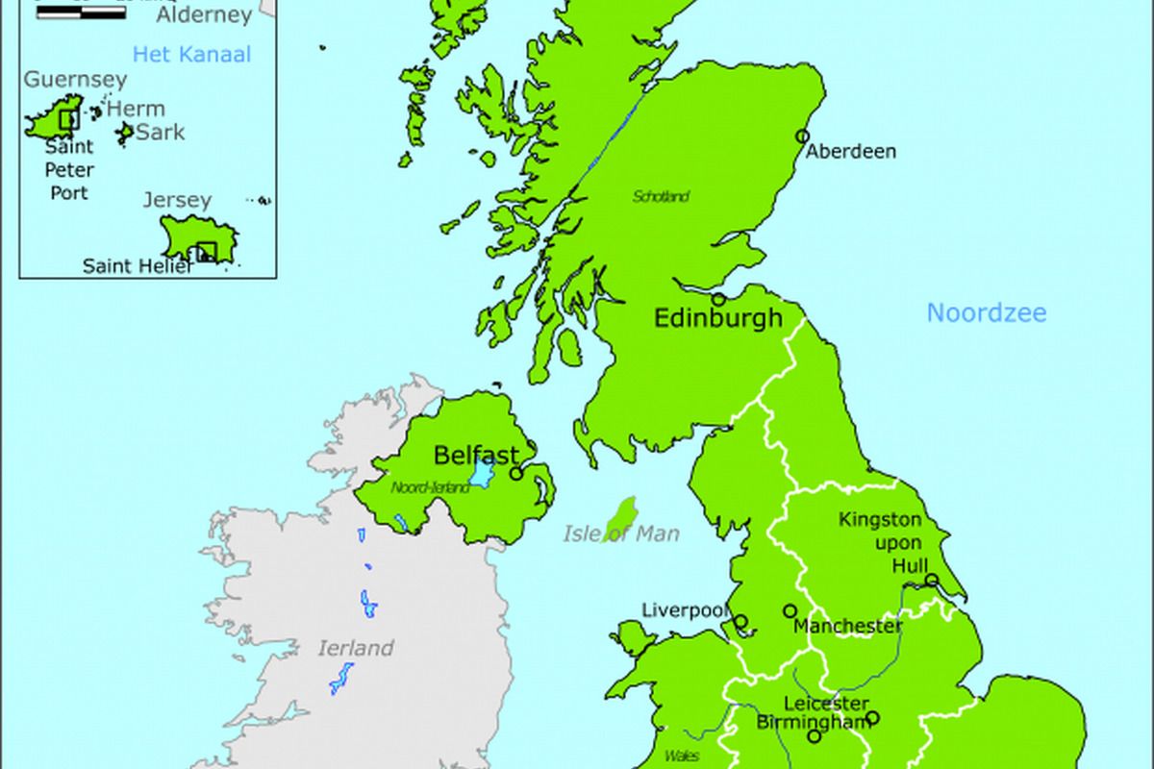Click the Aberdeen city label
point(851,151)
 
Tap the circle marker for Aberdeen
point(803,136)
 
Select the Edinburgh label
point(718,318)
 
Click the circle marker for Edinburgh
point(718,299)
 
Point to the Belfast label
point(476,455)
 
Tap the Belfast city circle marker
point(516,473)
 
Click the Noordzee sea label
point(987,312)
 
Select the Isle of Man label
point(621,534)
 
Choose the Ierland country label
point(356,648)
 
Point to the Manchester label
point(848,627)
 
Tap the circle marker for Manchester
point(790,610)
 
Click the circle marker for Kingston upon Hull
point(932,580)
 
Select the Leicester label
point(827,704)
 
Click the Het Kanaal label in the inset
point(191,54)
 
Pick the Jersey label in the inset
point(177,200)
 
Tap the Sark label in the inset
point(160,132)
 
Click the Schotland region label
point(661,197)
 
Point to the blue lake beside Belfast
point(481,472)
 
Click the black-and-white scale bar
point(81,13)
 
